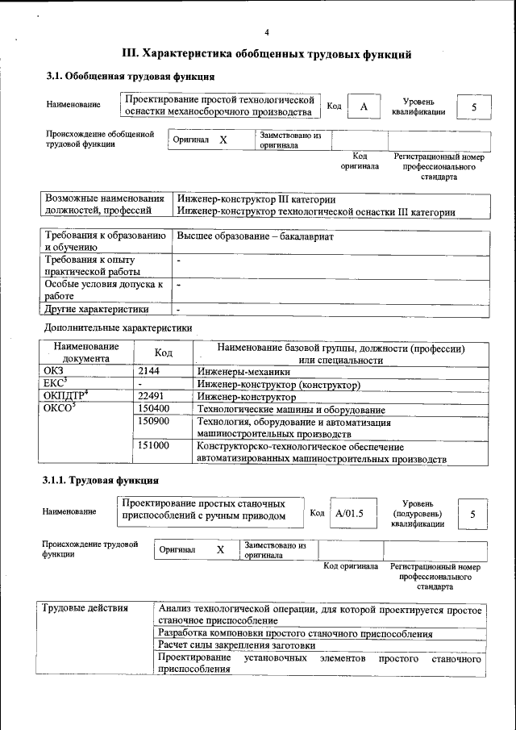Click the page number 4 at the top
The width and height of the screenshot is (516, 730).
coord(267,32)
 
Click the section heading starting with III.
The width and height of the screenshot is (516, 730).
coord(267,54)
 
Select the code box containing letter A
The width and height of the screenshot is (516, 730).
coord(364,107)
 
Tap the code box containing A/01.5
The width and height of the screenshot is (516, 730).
coord(349,513)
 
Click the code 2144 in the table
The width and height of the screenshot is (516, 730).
coord(149,371)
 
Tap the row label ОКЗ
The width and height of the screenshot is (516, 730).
coord(52,371)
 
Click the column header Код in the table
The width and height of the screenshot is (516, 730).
coord(164,353)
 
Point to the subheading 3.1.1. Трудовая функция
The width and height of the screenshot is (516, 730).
coord(100,481)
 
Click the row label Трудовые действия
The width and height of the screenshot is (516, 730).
coord(85,608)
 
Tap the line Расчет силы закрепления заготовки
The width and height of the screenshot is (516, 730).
coord(236,646)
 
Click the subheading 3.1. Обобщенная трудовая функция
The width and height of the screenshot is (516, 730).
coord(130,77)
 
